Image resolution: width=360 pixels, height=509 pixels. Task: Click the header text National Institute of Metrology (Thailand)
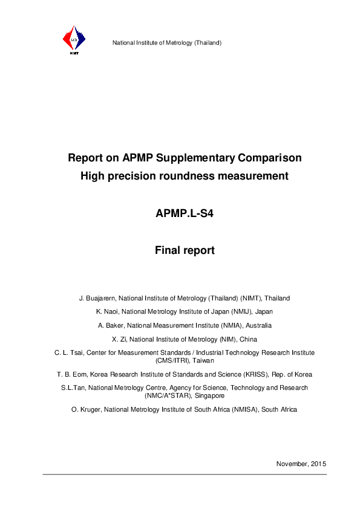(167, 43)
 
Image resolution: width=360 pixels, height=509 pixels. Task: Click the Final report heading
(185, 250)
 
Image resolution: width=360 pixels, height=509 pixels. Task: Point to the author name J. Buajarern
(97, 298)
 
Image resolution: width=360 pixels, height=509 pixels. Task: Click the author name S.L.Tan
(73, 387)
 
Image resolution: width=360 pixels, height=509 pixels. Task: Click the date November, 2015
(301, 464)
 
